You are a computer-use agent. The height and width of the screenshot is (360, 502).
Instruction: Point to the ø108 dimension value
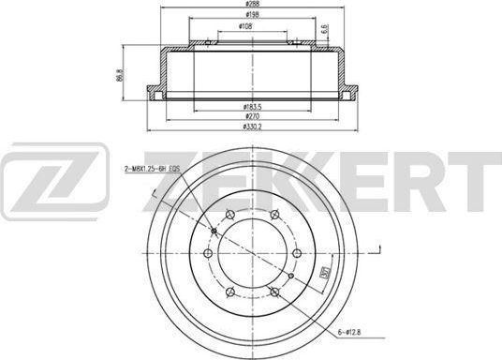click(244, 27)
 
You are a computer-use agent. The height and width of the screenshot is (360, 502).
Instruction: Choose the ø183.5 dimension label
click(248, 106)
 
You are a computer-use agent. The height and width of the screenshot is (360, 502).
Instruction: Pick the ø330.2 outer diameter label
click(251, 126)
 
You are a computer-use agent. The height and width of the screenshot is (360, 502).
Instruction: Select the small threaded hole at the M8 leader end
click(215, 231)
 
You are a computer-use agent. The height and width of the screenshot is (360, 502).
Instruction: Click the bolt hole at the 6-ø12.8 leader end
click(289, 277)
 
